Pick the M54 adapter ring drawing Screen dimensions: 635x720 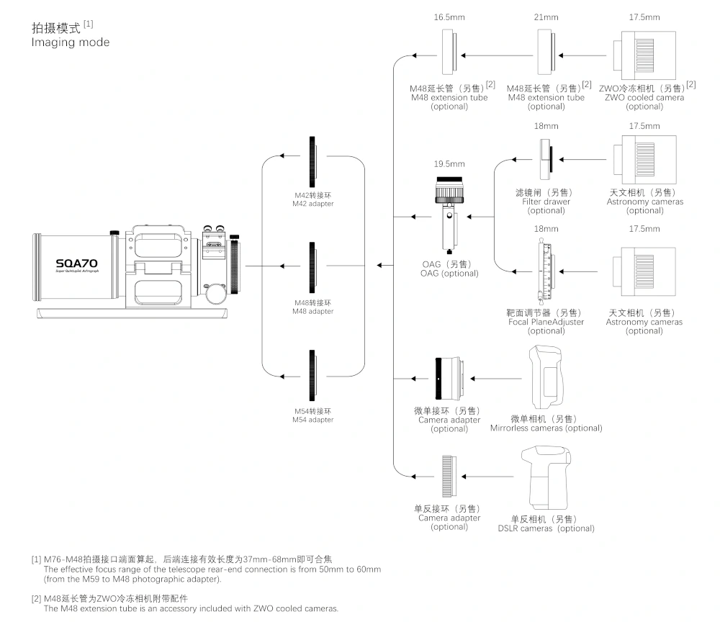[x=313, y=375]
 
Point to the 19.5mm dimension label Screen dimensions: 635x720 [x=449, y=164]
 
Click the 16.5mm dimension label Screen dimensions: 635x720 [x=448, y=17]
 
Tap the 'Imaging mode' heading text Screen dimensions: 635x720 [x=71, y=42]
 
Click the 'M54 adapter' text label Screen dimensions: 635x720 [x=313, y=420]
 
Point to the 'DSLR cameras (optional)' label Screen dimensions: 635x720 [x=546, y=528]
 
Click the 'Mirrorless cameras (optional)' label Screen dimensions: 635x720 [x=546, y=428]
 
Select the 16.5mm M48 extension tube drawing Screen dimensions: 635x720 [x=449, y=55]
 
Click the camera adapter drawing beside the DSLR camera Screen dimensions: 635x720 [x=449, y=477]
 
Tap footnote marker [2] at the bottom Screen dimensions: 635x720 [x=36, y=598]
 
